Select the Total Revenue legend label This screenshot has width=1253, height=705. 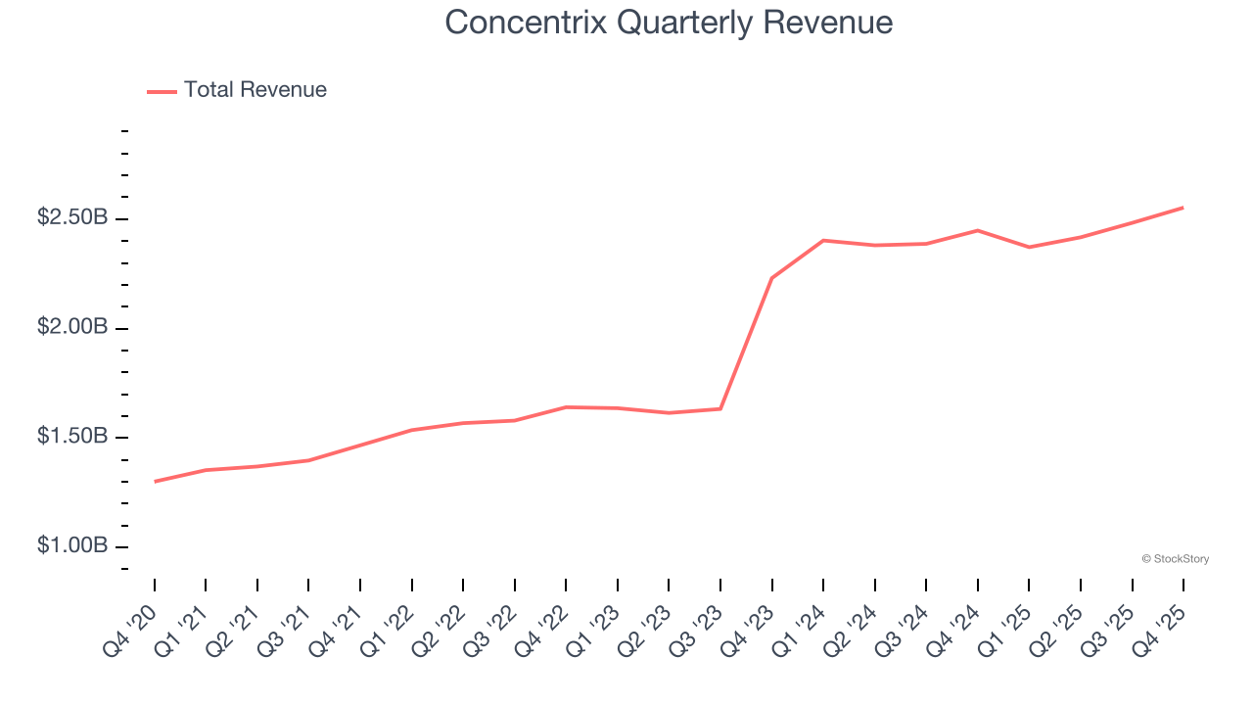click(255, 90)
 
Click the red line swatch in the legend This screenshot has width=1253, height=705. click(162, 91)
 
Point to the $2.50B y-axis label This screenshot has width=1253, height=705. click(72, 217)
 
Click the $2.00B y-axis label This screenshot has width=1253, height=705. click(72, 327)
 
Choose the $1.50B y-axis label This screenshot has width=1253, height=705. click(72, 436)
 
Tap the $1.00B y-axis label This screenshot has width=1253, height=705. click(72, 545)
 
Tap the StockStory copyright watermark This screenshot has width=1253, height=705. click(1175, 559)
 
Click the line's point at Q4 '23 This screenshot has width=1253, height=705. click(772, 278)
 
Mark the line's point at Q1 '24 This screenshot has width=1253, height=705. click(823, 240)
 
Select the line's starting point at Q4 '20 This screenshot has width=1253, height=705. click(155, 482)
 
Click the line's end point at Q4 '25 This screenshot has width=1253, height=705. click(1183, 208)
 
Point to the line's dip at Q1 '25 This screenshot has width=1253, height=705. click(1029, 247)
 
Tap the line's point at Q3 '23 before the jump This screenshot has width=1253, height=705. click(720, 408)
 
